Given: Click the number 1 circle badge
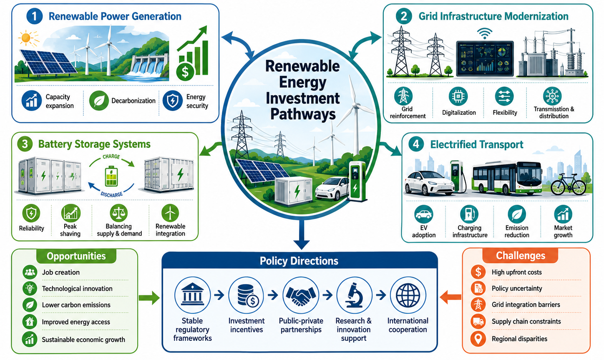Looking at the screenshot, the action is pyautogui.click(x=34, y=16).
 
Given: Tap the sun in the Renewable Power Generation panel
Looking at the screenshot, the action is pyautogui.click(x=27, y=38).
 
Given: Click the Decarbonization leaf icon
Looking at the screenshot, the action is pyautogui.click(x=99, y=101).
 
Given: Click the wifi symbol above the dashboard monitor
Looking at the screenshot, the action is pyautogui.click(x=485, y=34).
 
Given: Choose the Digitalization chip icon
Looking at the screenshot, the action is pyautogui.click(x=458, y=96).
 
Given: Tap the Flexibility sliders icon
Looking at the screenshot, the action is pyautogui.click(x=504, y=96).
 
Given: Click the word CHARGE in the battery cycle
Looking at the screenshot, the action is pyautogui.click(x=111, y=156).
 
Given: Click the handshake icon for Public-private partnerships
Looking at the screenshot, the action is pyautogui.click(x=301, y=295).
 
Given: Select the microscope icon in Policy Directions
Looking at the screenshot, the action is pyautogui.click(x=354, y=295).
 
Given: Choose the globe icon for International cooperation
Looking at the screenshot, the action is pyautogui.click(x=408, y=295).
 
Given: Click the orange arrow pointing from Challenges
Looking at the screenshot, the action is pyautogui.click(x=450, y=297).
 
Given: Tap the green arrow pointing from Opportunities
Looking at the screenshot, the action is pyautogui.click(x=149, y=298).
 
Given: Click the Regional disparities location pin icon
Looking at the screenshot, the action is pyautogui.click(x=478, y=339).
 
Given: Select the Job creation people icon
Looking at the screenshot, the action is pyautogui.click(x=30, y=272).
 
